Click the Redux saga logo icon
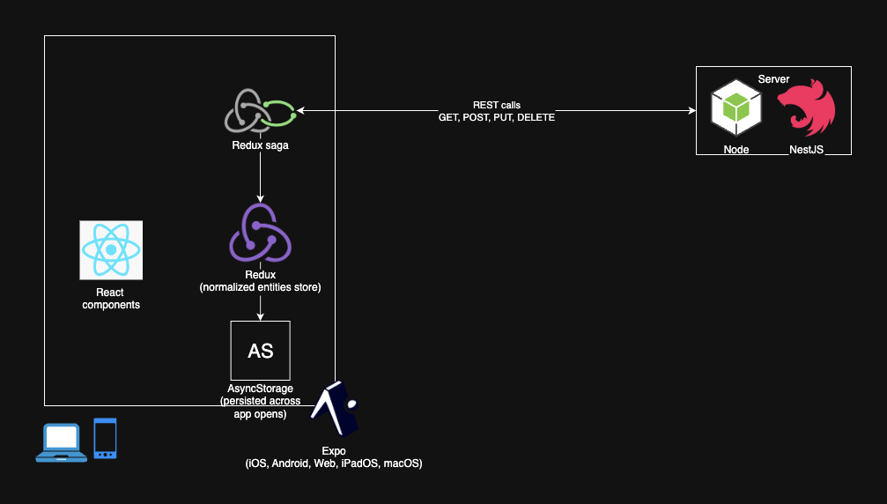pyautogui.click(x=260, y=111)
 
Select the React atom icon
pyautogui.click(x=111, y=250)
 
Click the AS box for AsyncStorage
pyautogui.click(x=260, y=351)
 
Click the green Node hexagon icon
pyautogui.click(x=735, y=107)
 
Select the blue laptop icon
pyautogui.click(x=62, y=442)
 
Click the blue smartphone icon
pyautogui.click(x=105, y=438)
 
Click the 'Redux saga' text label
pyautogui.click(x=260, y=146)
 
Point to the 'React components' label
pyautogui.click(x=111, y=299)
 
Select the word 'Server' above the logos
pyautogui.click(x=773, y=79)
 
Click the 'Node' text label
pyautogui.click(x=736, y=150)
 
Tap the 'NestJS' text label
pyautogui.click(x=806, y=150)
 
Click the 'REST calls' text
pyautogui.click(x=497, y=105)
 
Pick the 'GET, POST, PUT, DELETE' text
pyautogui.click(x=497, y=117)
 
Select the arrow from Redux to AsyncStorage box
pyautogui.click(x=260, y=306)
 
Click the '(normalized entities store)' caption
pyautogui.click(x=260, y=287)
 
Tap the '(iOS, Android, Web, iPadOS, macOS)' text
pyautogui.click(x=334, y=463)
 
